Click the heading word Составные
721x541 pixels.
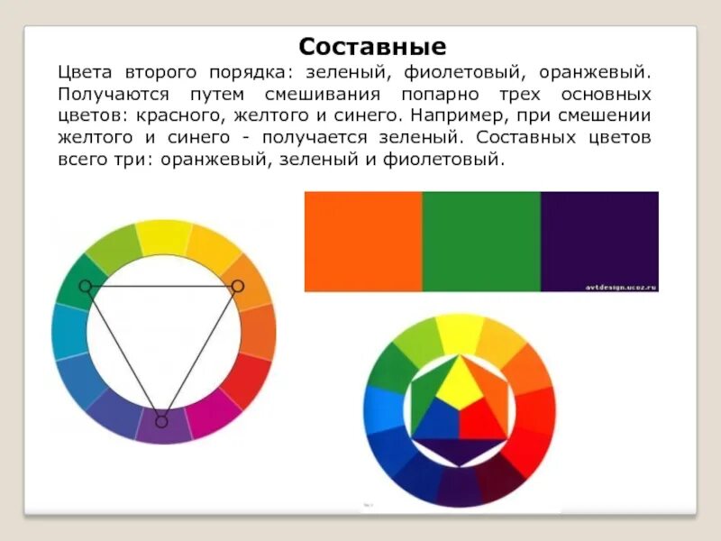(x=372, y=46)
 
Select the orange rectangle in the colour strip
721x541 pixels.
(x=363, y=242)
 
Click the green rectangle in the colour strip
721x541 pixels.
(x=481, y=242)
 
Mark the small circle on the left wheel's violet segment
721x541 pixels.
(x=161, y=421)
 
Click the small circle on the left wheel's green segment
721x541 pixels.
(x=85, y=286)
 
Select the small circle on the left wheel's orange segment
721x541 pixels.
(x=238, y=286)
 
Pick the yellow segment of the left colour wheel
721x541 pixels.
(x=162, y=237)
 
